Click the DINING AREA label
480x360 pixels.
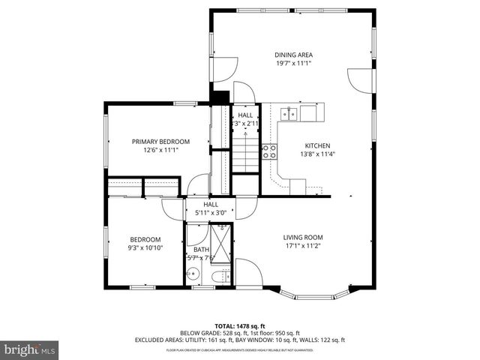[x=293, y=55]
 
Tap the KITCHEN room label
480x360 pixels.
[x=316, y=145]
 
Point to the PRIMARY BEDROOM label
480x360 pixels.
[x=160, y=141]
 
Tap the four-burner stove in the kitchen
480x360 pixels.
[x=268, y=152]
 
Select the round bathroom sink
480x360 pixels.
[x=192, y=275]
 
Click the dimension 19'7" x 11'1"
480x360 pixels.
[x=293, y=64]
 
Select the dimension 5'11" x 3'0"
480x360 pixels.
[x=211, y=212]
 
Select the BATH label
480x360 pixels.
[x=202, y=250]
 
